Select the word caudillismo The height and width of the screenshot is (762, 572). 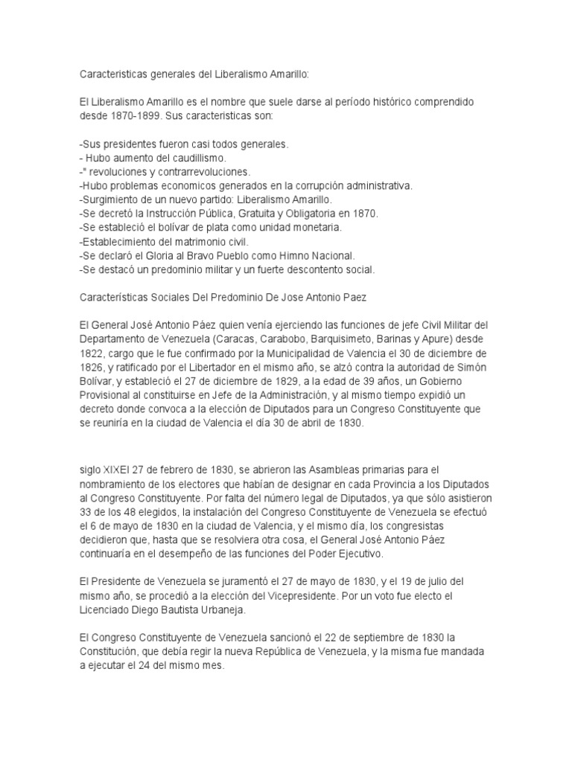tap(197, 159)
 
